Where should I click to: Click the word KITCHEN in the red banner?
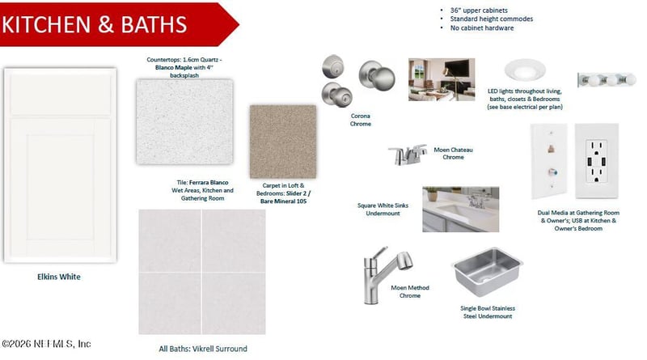pyautogui.click(x=46, y=24)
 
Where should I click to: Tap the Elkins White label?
pyautogui.click(x=59, y=277)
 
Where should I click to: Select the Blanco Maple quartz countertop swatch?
pyautogui.click(x=184, y=122)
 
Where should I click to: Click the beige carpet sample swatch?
pyautogui.click(x=283, y=142)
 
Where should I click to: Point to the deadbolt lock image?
pyautogui.click(x=333, y=67)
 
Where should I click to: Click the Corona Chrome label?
pyautogui.click(x=360, y=120)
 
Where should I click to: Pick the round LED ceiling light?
pyautogui.click(x=525, y=70)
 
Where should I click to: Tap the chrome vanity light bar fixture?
pyautogui.click(x=607, y=79)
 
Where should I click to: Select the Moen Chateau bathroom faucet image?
pyautogui.click(x=408, y=155)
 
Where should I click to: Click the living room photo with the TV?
pyautogui.click(x=442, y=79)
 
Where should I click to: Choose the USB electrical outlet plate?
pyautogui.click(x=597, y=162)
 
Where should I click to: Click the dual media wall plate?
pyautogui.click(x=549, y=162)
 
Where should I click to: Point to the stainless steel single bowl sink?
pyautogui.click(x=487, y=271)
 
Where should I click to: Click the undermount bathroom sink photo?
pyautogui.click(x=460, y=210)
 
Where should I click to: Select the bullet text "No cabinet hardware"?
pyautogui.click(x=482, y=28)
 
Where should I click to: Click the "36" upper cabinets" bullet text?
pyautogui.click(x=479, y=11)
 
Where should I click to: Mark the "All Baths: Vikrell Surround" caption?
pyautogui.click(x=203, y=349)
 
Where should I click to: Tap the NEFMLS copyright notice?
pyautogui.click(x=46, y=344)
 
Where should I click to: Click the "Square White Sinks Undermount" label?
pyautogui.click(x=383, y=210)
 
